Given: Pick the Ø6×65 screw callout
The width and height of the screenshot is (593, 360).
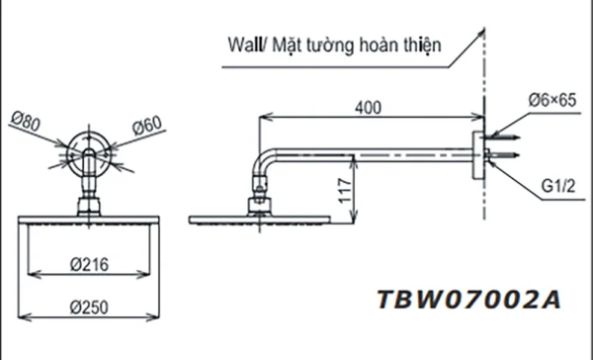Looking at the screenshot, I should [x=551, y=100].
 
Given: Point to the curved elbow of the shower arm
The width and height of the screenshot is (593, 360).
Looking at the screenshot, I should [x=264, y=164].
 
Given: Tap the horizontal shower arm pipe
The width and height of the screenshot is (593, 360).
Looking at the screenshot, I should [x=376, y=153].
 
